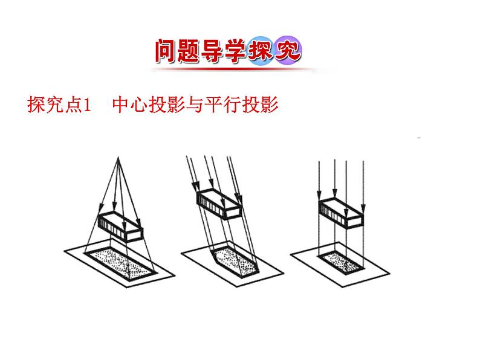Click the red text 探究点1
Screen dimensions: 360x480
pos(59,106)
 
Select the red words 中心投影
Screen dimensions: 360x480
pos(149,106)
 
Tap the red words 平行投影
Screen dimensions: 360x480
pos(241,106)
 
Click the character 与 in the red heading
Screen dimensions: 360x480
pos(195,106)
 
